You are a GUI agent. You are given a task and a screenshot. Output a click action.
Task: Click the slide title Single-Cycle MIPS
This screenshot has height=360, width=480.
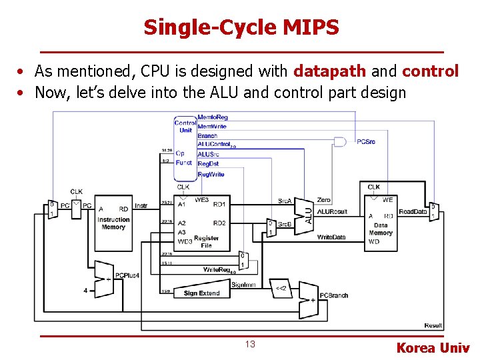[241, 27]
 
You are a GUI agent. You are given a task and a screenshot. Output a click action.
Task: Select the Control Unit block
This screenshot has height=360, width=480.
[185, 127]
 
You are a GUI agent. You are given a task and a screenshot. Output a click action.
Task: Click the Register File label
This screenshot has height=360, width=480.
[206, 241]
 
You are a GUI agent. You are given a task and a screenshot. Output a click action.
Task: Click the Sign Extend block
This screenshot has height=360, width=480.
[201, 293]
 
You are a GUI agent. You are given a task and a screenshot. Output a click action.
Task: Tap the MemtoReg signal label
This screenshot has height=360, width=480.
[213, 118]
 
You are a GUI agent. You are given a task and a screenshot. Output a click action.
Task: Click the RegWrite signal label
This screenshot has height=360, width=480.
[211, 174]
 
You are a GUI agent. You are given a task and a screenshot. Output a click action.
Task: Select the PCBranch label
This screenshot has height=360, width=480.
[334, 295]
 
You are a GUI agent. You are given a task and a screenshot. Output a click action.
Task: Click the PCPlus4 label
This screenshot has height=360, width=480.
[127, 275]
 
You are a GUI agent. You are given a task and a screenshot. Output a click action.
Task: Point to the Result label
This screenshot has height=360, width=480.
[433, 325]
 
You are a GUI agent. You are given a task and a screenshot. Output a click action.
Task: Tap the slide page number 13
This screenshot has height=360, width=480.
[250, 344]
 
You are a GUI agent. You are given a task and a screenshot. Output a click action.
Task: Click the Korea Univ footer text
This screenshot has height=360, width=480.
[433, 347]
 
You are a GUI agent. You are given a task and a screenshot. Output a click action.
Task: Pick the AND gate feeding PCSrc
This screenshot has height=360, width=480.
[340, 141]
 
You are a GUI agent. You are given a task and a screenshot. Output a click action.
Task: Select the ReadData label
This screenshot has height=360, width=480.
[413, 211]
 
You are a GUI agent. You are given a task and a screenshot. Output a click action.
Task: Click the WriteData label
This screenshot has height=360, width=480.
[331, 237]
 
